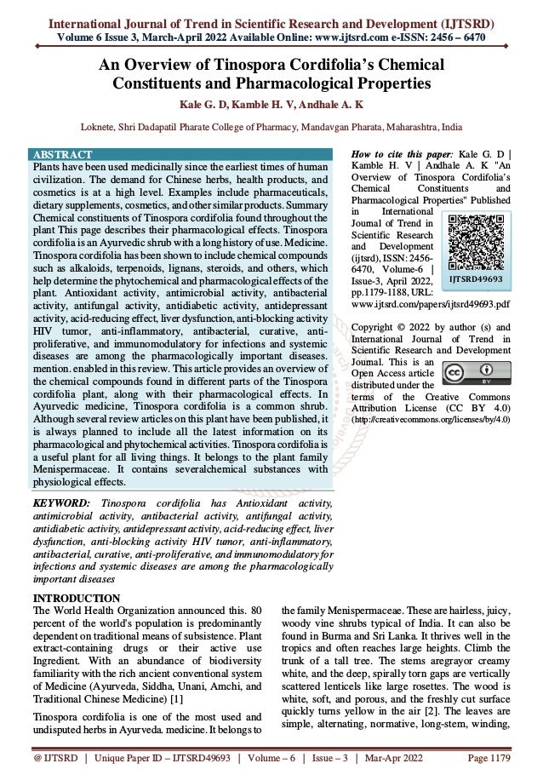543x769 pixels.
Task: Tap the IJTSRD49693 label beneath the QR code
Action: pyautogui.click(x=476, y=278)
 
